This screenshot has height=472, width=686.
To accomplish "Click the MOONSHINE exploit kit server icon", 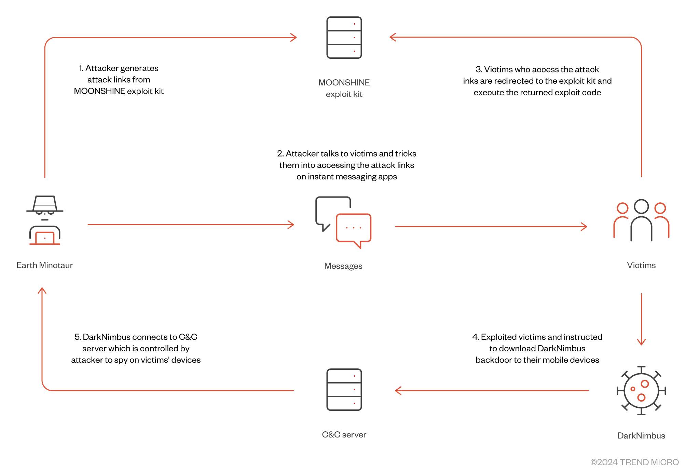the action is click(344, 38).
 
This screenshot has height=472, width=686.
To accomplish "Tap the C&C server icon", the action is click(344, 390).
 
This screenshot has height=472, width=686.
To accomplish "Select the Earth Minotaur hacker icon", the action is click(45, 220).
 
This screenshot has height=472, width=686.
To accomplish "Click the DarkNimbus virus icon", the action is click(641, 391).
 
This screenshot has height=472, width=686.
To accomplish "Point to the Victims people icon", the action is click(641, 220).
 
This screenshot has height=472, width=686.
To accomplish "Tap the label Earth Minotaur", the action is click(45, 265).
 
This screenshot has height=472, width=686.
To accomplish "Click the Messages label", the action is click(343, 266).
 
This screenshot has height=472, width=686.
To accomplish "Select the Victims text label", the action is click(641, 265).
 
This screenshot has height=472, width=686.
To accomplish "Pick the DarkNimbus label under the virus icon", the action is click(641, 435).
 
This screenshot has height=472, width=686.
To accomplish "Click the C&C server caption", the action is click(344, 434).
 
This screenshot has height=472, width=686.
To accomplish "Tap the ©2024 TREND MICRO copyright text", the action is click(634, 462).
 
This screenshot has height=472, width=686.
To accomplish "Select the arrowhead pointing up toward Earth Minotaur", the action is click(42, 291).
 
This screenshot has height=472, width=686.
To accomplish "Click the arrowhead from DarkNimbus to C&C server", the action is click(398, 391).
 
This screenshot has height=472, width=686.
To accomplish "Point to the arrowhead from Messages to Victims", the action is click(584, 226).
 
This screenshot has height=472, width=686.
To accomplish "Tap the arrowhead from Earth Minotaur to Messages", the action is click(291, 225).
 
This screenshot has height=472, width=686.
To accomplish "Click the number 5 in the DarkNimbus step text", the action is click(77, 337).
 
